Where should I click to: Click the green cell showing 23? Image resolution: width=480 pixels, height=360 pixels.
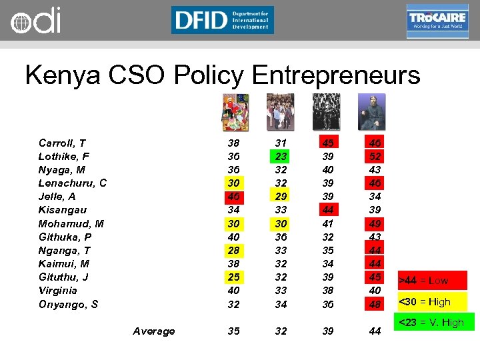280,157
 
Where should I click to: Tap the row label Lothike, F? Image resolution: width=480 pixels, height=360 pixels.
64,157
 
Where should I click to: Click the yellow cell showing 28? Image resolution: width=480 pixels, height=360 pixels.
233,250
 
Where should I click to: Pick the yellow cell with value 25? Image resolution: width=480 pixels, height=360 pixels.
233,277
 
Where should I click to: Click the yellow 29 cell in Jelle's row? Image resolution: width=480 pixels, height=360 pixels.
280,197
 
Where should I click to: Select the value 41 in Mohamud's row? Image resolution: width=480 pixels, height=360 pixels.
327,223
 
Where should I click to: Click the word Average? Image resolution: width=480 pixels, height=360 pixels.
154,331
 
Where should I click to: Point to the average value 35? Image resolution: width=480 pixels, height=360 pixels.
233,331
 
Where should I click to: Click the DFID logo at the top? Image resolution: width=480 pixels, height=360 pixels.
222,20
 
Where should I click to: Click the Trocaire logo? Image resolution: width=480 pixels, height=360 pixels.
437,21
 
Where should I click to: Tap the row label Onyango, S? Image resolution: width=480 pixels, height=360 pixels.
69,304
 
